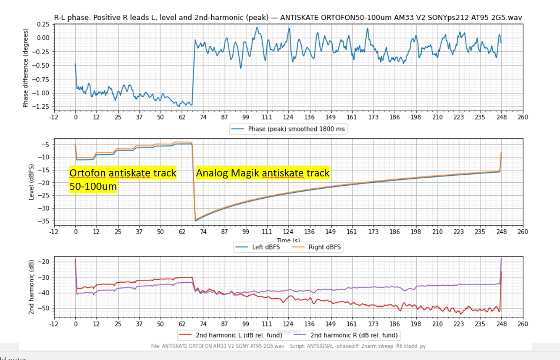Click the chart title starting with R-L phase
coord(290,17)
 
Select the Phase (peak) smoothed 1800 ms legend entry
coord(288,129)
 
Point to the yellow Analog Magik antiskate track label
coord(263,173)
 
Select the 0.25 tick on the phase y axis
coord(42,24)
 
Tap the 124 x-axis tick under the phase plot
coord(288,117)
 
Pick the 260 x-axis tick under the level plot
coord(523,231)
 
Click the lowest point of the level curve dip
coord(195,221)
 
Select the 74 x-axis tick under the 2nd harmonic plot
coord(203,324)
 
